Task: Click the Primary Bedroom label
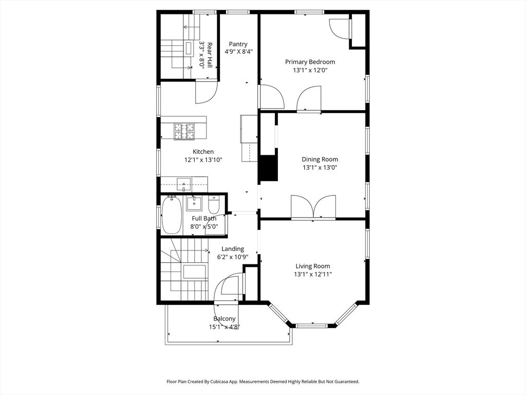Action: (310, 62)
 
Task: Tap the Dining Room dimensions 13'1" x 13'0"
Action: (320, 168)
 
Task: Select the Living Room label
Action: (313, 266)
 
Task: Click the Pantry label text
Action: (238, 44)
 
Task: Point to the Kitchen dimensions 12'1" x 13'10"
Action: (203, 160)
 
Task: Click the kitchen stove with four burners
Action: (184, 131)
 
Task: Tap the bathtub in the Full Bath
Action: (172, 215)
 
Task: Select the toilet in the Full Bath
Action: (214, 203)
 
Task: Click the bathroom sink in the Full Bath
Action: (194, 203)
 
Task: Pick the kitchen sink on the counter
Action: (184, 184)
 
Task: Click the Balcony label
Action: (224, 319)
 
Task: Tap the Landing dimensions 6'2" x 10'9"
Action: (233, 257)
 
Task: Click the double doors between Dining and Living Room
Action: (313, 207)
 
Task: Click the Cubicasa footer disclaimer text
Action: (263, 382)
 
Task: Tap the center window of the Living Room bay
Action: (312, 326)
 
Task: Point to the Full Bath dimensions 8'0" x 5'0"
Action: (204, 227)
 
